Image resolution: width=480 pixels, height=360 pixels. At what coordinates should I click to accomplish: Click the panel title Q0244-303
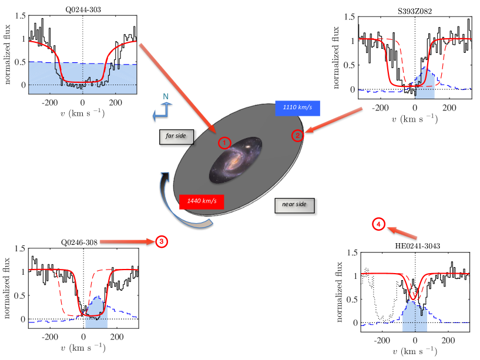82,9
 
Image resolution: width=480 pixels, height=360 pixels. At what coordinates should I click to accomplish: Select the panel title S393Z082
415,10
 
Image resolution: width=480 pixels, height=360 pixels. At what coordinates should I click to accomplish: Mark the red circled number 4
379,224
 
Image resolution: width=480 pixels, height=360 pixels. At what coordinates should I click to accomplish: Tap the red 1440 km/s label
202,201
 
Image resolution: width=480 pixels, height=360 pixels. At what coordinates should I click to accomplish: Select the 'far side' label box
176,136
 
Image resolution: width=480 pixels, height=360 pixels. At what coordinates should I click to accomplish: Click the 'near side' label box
295,205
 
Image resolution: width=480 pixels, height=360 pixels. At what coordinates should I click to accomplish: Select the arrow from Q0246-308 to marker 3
125,241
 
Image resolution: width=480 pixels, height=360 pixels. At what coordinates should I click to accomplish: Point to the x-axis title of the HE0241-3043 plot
415,352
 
